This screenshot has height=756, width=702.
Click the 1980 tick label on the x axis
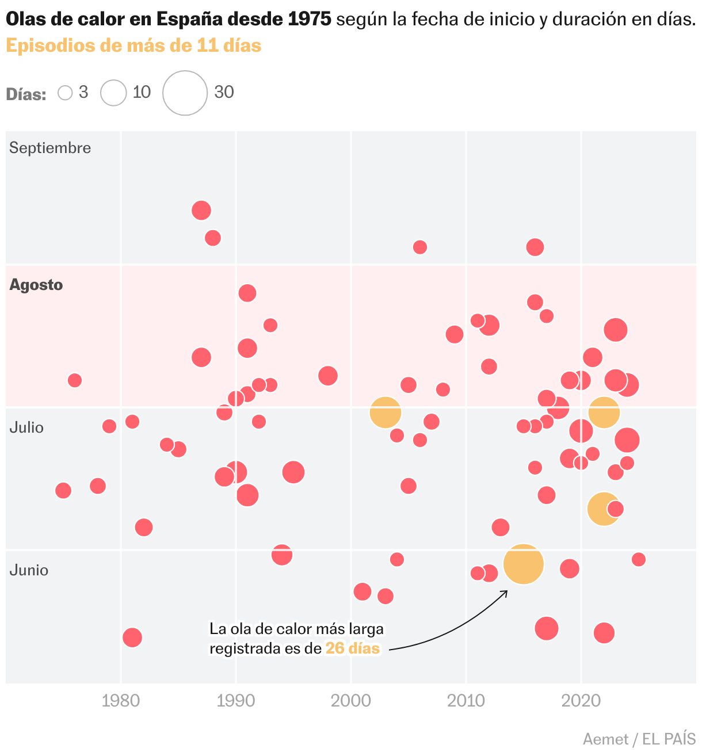click(121, 701)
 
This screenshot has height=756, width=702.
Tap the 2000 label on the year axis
click(351, 701)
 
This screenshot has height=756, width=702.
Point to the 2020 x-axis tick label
click(581, 701)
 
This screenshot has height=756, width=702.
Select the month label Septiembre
click(50, 148)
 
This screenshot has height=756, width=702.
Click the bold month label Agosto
click(36, 285)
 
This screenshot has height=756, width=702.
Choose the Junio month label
click(29, 570)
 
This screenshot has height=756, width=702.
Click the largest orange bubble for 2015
click(524, 564)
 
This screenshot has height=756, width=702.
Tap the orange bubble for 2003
click(386, 413)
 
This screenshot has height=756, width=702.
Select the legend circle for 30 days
click(185, 93)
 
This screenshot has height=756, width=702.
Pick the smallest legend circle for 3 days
click(65, 93)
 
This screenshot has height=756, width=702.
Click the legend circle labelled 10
click(113, 93)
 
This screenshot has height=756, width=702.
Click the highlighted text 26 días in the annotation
click(353, 648)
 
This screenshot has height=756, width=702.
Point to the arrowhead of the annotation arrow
click(506, 591)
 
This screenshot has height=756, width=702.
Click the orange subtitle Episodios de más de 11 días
click(133, 45)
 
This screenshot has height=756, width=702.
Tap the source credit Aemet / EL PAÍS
click(639, 739)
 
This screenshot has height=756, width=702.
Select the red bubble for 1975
click(63, 491)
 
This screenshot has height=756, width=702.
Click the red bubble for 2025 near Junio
click(639, 559)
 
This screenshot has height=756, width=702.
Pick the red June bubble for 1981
click(132, 637)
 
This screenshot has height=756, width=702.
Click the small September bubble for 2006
click(420, 247)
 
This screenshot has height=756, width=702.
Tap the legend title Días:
click(26, 94)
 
